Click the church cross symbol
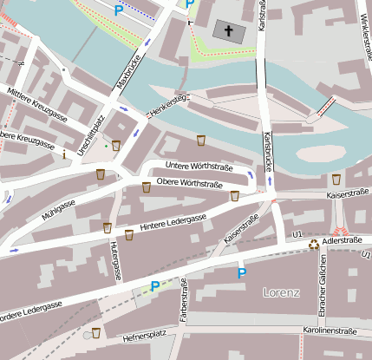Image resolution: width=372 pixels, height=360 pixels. pos(230,31)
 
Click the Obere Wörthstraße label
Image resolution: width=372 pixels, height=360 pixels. pos(187,185)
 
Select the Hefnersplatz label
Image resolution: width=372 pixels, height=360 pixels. pos(144,335)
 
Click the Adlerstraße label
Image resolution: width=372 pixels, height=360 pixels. pos(339,234)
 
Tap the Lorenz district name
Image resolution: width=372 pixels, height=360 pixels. pos(280,292)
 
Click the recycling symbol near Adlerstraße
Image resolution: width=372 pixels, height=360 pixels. pos(314,244)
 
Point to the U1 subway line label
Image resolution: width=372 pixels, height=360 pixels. pos(297,234)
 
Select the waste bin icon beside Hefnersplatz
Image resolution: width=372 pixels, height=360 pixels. pos(96,332)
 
